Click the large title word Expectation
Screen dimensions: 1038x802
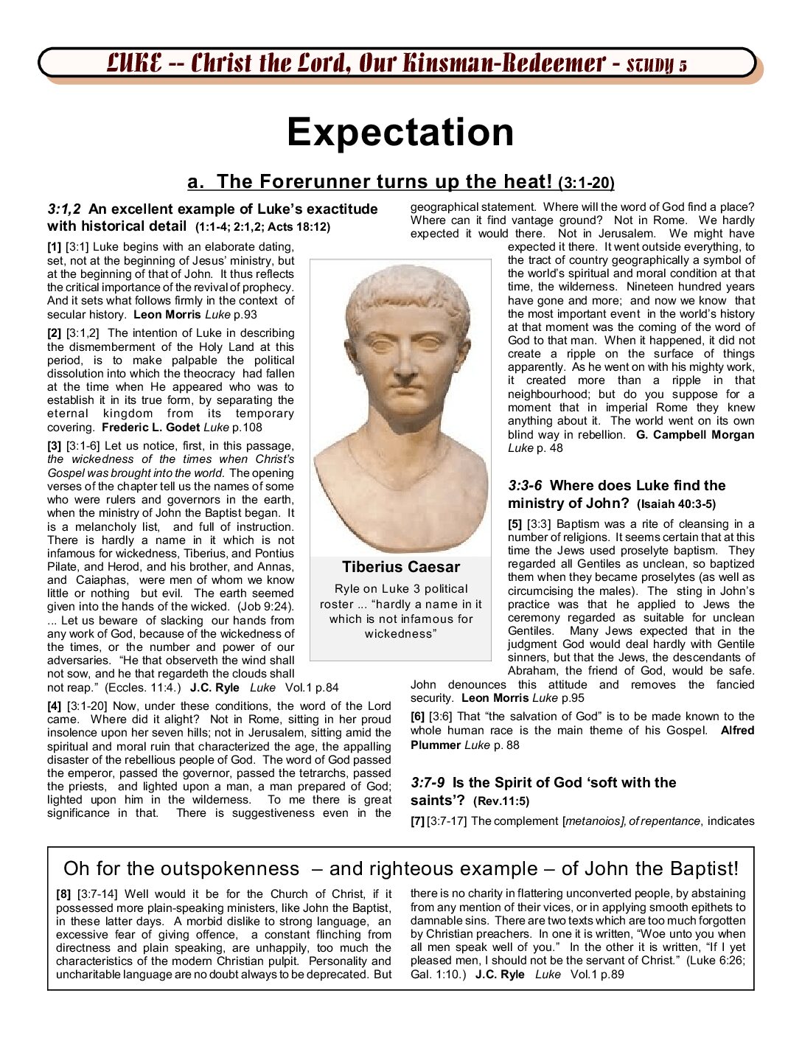coord(400,133)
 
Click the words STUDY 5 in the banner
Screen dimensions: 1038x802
coord(656,65)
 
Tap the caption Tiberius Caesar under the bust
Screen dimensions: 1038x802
coord(400,567)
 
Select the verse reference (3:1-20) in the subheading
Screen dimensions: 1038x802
coord(586,183)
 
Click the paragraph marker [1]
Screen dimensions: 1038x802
coord(55,247)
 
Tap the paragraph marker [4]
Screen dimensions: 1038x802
coord(55,706)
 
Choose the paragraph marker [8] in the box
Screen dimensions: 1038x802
coord(63,894)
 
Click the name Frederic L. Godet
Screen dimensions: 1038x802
coord(150,428)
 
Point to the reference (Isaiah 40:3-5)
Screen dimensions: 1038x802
coord(677,505)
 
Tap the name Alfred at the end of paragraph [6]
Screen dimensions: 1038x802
coord(737,731)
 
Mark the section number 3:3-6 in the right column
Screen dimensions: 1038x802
coord(524,486)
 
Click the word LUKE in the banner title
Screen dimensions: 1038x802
coord(134,63)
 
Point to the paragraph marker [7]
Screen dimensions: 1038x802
coord(417,821)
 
